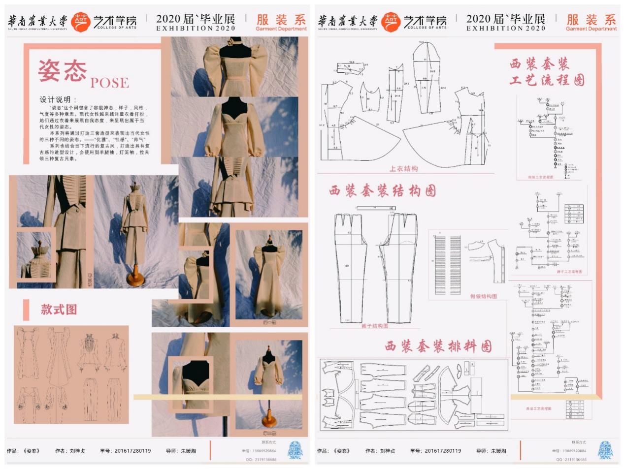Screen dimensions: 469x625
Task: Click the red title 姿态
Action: (62, 71)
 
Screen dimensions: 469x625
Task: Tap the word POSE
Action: (109, 83)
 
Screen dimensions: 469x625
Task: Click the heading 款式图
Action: (59, 310)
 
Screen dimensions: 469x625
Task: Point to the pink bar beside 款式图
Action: (26, 310)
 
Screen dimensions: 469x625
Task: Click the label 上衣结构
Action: (403, 169)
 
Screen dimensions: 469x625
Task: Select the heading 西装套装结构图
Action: (383, 191)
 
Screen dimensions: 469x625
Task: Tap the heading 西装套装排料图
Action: (438, 346)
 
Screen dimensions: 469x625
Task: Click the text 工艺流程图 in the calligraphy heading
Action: (547, 80)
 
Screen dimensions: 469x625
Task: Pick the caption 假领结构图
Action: (483, 296)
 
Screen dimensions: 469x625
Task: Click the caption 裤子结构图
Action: (375, 326)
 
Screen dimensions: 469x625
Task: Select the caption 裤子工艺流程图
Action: (569, 272)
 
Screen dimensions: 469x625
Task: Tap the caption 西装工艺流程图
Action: (538, 409)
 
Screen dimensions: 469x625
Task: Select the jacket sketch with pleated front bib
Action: (90, 347)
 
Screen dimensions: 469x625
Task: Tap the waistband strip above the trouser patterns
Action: (376, 208)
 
